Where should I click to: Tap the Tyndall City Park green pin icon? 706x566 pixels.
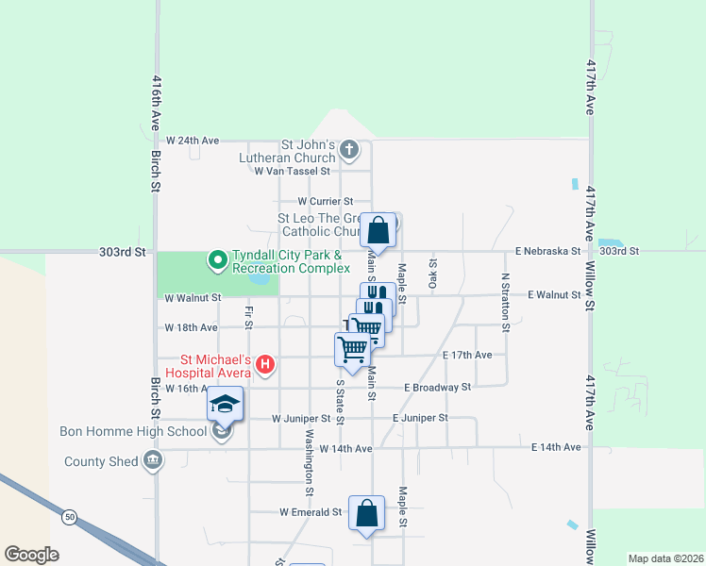point(217,258)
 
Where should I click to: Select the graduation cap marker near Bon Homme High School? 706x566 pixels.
point(226,405)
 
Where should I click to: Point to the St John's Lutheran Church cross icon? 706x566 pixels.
point(348,149)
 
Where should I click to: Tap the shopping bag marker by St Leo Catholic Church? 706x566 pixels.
point(378,229)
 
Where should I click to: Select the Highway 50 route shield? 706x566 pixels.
point(70,517)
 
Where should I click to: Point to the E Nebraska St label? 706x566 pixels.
point(547,251)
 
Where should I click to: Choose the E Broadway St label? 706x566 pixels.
point(437,388)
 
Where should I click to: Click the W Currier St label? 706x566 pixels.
point(325,201)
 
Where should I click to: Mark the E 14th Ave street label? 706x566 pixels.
point(555,447)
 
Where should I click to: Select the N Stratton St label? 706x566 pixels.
point(506,302)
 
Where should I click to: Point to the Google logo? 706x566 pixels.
point(31,555)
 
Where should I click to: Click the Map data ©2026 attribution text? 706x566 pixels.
point(664,558)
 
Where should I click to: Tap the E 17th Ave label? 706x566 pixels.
point(467,355)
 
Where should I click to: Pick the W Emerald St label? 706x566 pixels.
point(310,512)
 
